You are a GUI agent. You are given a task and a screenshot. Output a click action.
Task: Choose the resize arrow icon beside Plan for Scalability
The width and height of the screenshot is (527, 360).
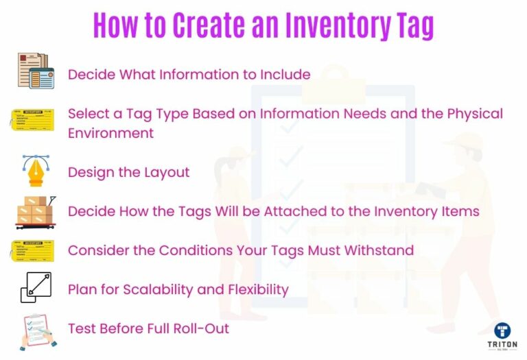pos(36,288)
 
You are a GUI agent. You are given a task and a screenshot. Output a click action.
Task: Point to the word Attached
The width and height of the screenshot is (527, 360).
pos(272,211)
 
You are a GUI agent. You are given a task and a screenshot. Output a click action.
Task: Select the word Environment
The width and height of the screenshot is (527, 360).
pos(110,132)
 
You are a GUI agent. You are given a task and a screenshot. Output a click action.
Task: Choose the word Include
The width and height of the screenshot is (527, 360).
pos(285,74)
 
